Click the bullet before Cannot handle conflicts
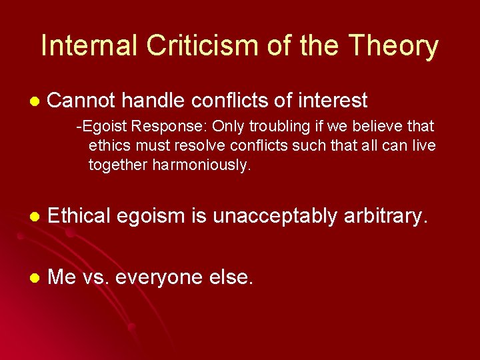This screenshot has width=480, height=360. (35, 101)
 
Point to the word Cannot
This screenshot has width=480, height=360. (81, 101)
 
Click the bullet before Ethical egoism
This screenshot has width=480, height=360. (35, 217)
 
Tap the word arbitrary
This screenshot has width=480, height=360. (385, 216)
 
